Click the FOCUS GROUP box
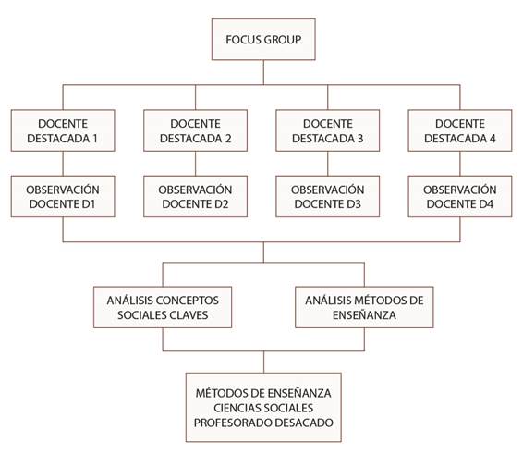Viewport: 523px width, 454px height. [263, 40]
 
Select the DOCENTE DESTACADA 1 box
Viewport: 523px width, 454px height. [63, 130]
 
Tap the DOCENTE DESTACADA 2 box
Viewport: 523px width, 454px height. [196, 130]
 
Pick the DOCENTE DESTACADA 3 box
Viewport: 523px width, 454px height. [327, 130]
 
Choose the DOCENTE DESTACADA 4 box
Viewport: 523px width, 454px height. [460, 130]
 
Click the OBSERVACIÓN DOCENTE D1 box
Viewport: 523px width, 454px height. [63, 196]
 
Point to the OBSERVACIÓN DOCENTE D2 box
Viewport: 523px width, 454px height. [196, 196]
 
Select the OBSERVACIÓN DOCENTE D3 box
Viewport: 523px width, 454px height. [327, 196]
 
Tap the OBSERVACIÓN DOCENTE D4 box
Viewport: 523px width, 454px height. [460, 196]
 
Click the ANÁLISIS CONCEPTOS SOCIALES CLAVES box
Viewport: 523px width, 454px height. [163, 307]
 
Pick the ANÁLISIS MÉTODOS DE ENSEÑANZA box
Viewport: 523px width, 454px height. [364, 307]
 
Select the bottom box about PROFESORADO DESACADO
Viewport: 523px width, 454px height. [263, 407]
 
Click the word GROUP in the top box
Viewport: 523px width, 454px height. [283, 40]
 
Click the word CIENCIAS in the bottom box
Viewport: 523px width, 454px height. [237, 408]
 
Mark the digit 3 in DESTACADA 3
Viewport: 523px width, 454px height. [360, 138]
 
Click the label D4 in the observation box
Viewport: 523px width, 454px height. [487, 204]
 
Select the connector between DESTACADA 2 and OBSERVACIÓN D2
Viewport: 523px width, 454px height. [196, 164]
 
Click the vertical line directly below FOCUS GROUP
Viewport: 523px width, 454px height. [263, 72]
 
